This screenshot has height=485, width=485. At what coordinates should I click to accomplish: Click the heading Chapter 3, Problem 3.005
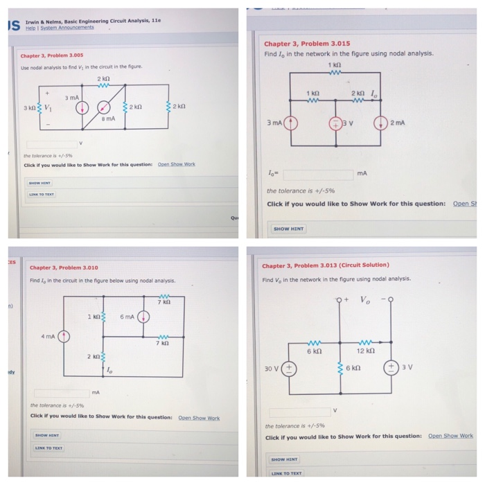pos(52,55)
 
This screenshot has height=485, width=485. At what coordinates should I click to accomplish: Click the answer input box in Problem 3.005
pos(49,144)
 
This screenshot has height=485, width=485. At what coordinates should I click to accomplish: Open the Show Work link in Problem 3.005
pos(177,164)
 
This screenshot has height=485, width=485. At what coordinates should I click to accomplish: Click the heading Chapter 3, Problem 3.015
pos(307,43)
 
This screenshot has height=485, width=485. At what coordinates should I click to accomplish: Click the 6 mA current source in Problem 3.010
pos(143,317)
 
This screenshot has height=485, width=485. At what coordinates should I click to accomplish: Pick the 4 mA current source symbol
pos(64,337)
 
